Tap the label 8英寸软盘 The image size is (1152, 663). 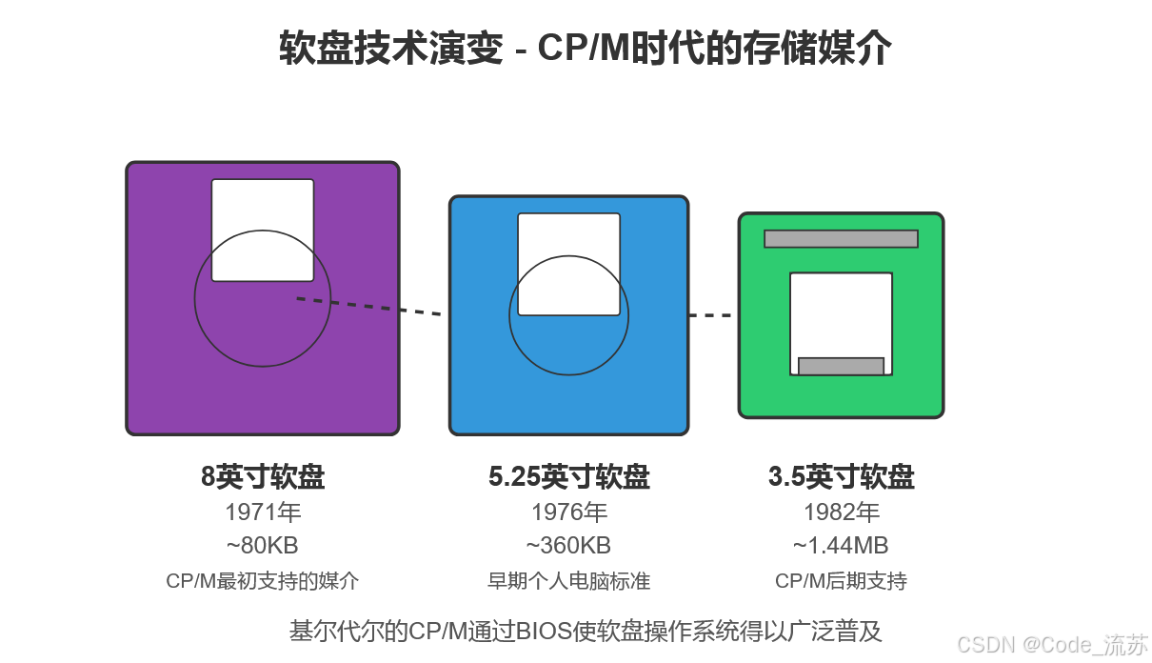[x=263, y=477]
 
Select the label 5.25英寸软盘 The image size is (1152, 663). [x=569, y=477]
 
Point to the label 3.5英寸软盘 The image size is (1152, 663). [x=841, y=477]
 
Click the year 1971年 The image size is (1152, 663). [x=263, y=512]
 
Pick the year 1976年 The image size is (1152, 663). [x=569, y=512]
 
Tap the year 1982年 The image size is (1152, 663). [x=841, y=512]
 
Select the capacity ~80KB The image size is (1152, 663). [x=263, y=546]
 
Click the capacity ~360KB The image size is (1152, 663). [x=569, y=546]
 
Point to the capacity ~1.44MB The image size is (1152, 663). [x=841, y=546]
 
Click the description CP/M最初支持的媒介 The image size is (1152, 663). [x=263, y=581]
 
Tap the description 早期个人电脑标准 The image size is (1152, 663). [x=569, y=581]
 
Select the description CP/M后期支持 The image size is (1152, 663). [x=841, y=581]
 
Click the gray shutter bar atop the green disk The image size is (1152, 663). [x=841, y=238]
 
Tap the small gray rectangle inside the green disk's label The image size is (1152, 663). [x=841, y=366]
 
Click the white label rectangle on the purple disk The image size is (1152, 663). [x=263, y=205]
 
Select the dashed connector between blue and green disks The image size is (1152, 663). [x=710, y=315]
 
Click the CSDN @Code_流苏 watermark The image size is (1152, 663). [x=1052, y=644]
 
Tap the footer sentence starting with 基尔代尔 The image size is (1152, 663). [x=586, y=631]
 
